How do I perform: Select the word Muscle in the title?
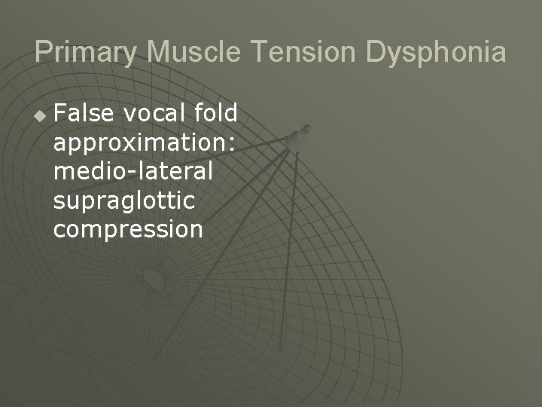tap(193, 52)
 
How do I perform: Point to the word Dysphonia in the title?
tap(436, 53)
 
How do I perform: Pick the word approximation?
tap(140, 142)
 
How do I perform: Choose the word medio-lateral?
tap(133, 171)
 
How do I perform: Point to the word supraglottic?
tap(124, 200)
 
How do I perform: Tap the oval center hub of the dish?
tap(154, 280)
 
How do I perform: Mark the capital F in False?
tap(60, 113)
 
